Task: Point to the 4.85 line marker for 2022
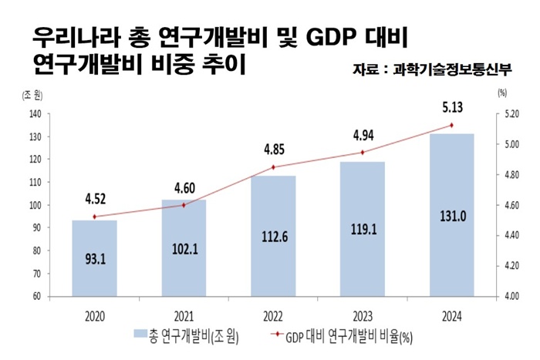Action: [273, 167]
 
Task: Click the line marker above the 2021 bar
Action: [184, 205]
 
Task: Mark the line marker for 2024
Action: [451, 125]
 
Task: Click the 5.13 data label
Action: [451, 107]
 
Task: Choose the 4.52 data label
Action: [95, 200]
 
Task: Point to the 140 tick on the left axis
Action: [35, 114]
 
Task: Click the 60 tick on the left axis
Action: [36, 296]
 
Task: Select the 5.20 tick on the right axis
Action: [512, 114]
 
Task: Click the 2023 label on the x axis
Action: [362, 315]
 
